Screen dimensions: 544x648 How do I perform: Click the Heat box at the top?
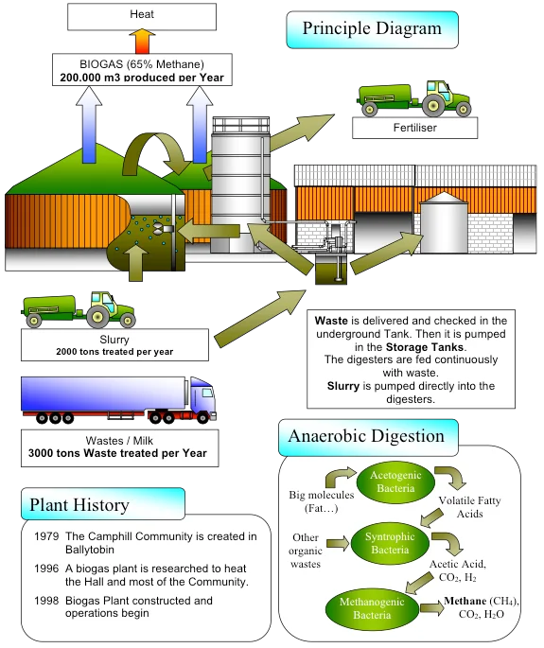[142, 16]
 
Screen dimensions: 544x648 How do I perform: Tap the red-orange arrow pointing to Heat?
[142, 42]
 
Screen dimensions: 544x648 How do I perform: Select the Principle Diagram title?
[372, 29]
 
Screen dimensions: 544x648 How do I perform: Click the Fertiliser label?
[414, 128]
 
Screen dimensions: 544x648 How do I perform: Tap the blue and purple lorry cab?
[202, 400]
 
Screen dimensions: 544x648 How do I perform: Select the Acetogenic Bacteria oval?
[395, 482]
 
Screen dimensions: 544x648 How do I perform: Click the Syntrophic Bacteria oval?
[390, 543]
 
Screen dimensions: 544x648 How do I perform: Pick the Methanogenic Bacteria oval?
[372, 608]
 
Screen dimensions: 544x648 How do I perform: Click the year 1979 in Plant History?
[46, 536]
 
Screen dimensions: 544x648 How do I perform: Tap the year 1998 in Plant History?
[46, 601]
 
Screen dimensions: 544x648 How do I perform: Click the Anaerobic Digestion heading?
[368, 437]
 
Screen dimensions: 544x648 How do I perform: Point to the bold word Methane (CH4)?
[481, 601]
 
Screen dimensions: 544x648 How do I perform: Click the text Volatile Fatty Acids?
[469, 507]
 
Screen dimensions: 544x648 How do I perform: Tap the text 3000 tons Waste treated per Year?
[117, 453]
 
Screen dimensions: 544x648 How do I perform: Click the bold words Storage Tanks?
[425, 347]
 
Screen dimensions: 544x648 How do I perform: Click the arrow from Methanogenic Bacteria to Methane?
[430, 608]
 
